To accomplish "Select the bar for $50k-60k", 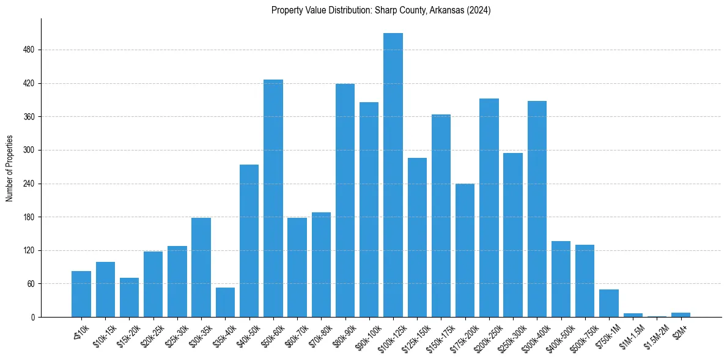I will (x=273, y=198).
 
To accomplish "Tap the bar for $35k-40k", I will (x=225, y=302).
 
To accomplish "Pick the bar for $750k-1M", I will (x=609, y=303).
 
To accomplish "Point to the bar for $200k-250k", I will (x=489, y=208).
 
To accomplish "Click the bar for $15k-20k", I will (x=129, y=297).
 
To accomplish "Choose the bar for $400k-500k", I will (x=561, y=279).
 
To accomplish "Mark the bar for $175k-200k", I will (x=465, y=250).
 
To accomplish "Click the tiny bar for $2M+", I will (x=681, y=314).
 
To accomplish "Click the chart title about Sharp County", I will (x=381, y=10).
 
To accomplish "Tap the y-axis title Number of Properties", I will (x=10, y=168).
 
